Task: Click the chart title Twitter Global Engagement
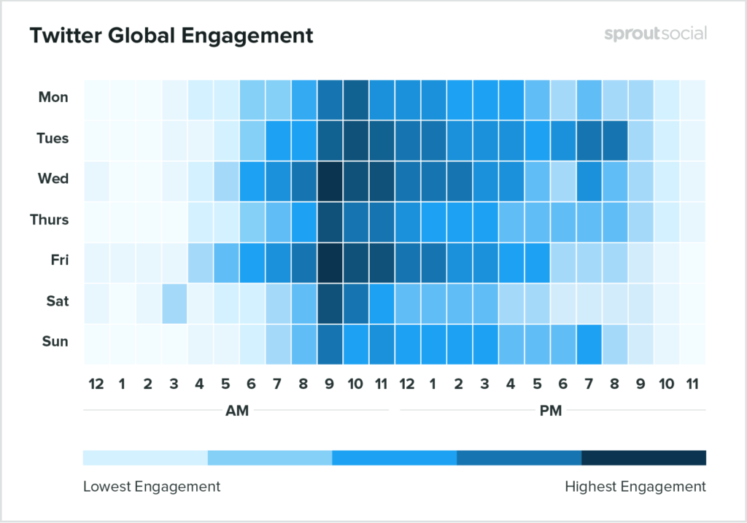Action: click(x=171, y=35)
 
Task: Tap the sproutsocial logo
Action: click(x=655, y=34)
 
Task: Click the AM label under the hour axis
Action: click(x=237, y=411)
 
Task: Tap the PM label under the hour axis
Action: click(x=551, y=411)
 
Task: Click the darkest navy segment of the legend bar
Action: click(x=643, y=457)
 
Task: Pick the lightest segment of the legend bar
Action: click(x=145, y=457)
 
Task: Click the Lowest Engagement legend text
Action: click(x=152, y=486)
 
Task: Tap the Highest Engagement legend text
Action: click(x=635, y=486)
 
